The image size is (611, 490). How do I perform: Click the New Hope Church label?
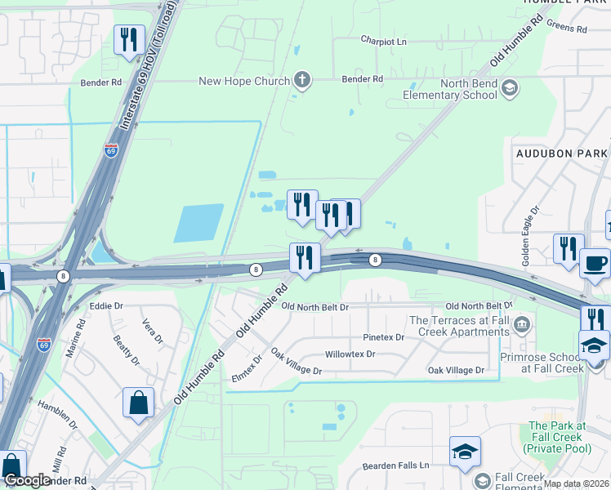pyautogui.click(x=244, y=81)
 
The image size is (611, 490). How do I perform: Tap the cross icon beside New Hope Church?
pyautogui.click(x=302, y=80)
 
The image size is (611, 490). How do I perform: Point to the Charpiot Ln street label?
pyautogui.click(x=383, y=40)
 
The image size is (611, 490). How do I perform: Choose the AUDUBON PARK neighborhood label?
pyautogui.click(x=561, y=153)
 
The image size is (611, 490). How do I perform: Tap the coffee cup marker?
pyautogui.click(x=594, y=264)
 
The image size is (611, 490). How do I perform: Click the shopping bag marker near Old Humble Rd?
pyautogui.click(x=138, y=402)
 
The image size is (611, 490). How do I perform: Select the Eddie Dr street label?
pyautogui.click(x=106, y=305)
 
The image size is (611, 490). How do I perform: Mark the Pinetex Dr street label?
pyautogui.click(x=384, y=337)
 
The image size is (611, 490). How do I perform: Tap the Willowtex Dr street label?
pyautogui.click(x=350, y=354)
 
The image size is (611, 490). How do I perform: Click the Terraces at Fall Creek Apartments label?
pyautogui.click(x=459, y=327)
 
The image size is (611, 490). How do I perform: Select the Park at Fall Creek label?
pyautogui.click(x=556, y=437)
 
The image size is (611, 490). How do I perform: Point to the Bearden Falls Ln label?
pyautogui.click(x=395, y=465)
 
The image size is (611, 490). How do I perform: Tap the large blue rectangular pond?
pyautogui.click(x=198, y=223)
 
